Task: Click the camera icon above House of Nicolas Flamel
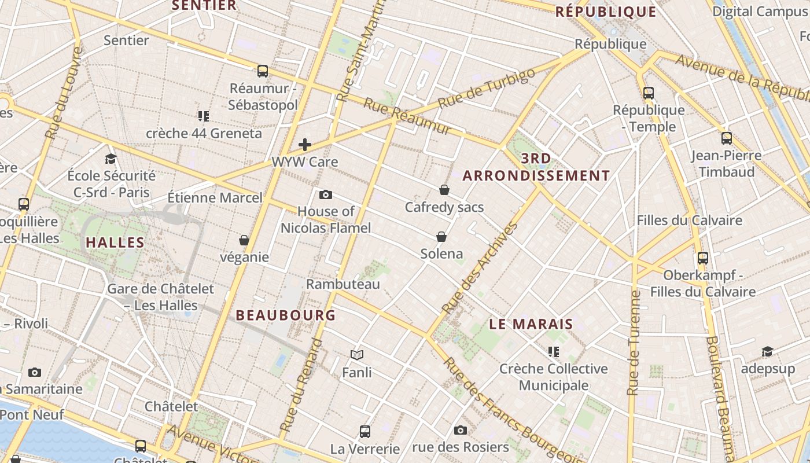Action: tap(326, 194)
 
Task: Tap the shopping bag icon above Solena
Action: tap(441, 237)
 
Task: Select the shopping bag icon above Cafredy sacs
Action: tap(444, 190)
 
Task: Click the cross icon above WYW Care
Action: tap(305, 145)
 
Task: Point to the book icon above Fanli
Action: tap(357, 355)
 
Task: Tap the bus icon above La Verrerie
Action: tap(365, 431)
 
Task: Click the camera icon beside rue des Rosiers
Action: tap(461, 430)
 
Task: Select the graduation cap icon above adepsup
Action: tap(767, 352)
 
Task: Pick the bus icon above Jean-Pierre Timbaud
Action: tap(727, 138)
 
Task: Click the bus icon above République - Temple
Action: tap(649, 93)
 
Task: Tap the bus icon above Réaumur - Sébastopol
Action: tap(263, 71)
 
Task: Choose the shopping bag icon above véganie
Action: tap(244, 240)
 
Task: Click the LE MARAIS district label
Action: tap(531, 324)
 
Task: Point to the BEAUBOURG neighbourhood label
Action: tap(286, 315)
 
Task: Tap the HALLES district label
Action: tap(115, 242)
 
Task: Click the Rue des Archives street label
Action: tap(480, 267)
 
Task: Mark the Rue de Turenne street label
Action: tap(634, 343)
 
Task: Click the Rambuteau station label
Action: tap(343, 284)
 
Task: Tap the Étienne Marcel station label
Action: tap(215, 198)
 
